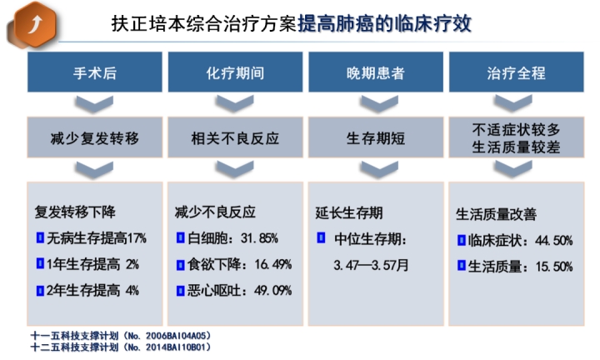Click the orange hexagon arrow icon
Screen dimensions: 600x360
pos(35,24)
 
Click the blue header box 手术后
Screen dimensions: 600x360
pos(94,72)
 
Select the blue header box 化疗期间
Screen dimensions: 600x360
pos(235,72)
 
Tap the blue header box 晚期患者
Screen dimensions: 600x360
pos(376,72)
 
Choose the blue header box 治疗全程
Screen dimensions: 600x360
pos(516,72)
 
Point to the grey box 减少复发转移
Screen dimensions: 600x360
pos(94,137)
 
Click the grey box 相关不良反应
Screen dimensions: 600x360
pos(235,137)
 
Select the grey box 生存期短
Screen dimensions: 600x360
pos(376,137)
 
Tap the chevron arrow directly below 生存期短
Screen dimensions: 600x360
pos(379,169)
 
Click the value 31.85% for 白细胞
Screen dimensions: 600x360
pos(259,238)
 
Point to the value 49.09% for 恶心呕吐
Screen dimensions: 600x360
pos(272,291)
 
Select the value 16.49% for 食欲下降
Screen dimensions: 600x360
pos(272,264)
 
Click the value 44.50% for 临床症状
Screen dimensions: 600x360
pos(553,241)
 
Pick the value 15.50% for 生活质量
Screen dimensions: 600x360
pos(553,267)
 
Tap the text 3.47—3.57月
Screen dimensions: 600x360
pos(371,265)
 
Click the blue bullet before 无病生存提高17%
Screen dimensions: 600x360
pos(40,237)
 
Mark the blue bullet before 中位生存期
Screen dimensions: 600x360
pos(321,237)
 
